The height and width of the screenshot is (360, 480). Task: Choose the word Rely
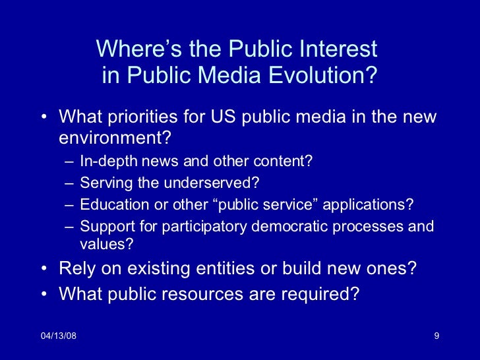click(76, 270)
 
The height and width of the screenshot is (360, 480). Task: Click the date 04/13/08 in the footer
click(58, 337)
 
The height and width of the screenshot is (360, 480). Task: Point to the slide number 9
click(436, 337)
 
